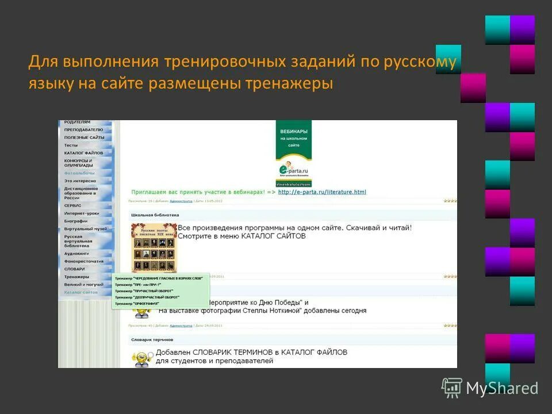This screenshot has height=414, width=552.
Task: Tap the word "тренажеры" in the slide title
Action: [x=290, y=83]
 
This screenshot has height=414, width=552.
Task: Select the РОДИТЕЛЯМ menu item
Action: [x=77, y=122]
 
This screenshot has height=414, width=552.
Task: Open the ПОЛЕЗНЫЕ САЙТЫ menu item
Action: [x=84, y=137]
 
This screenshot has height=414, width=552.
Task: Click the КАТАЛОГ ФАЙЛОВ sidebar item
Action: [x=83, y=153]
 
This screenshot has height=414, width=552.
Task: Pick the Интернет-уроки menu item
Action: [x=82, y=213]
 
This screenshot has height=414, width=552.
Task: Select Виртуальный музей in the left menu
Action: [x=85, y=228]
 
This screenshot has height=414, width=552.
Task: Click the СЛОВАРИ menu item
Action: [x=75, y=269]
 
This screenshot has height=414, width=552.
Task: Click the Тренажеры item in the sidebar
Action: [x=77, y=277]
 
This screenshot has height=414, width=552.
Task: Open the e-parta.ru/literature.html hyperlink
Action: [x=322, y=192]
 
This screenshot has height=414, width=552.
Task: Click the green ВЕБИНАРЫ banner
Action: [x=293, y=139]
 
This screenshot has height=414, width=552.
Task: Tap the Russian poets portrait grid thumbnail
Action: [x=154, y=247]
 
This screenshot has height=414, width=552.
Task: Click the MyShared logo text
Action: [x=502, y=389]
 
